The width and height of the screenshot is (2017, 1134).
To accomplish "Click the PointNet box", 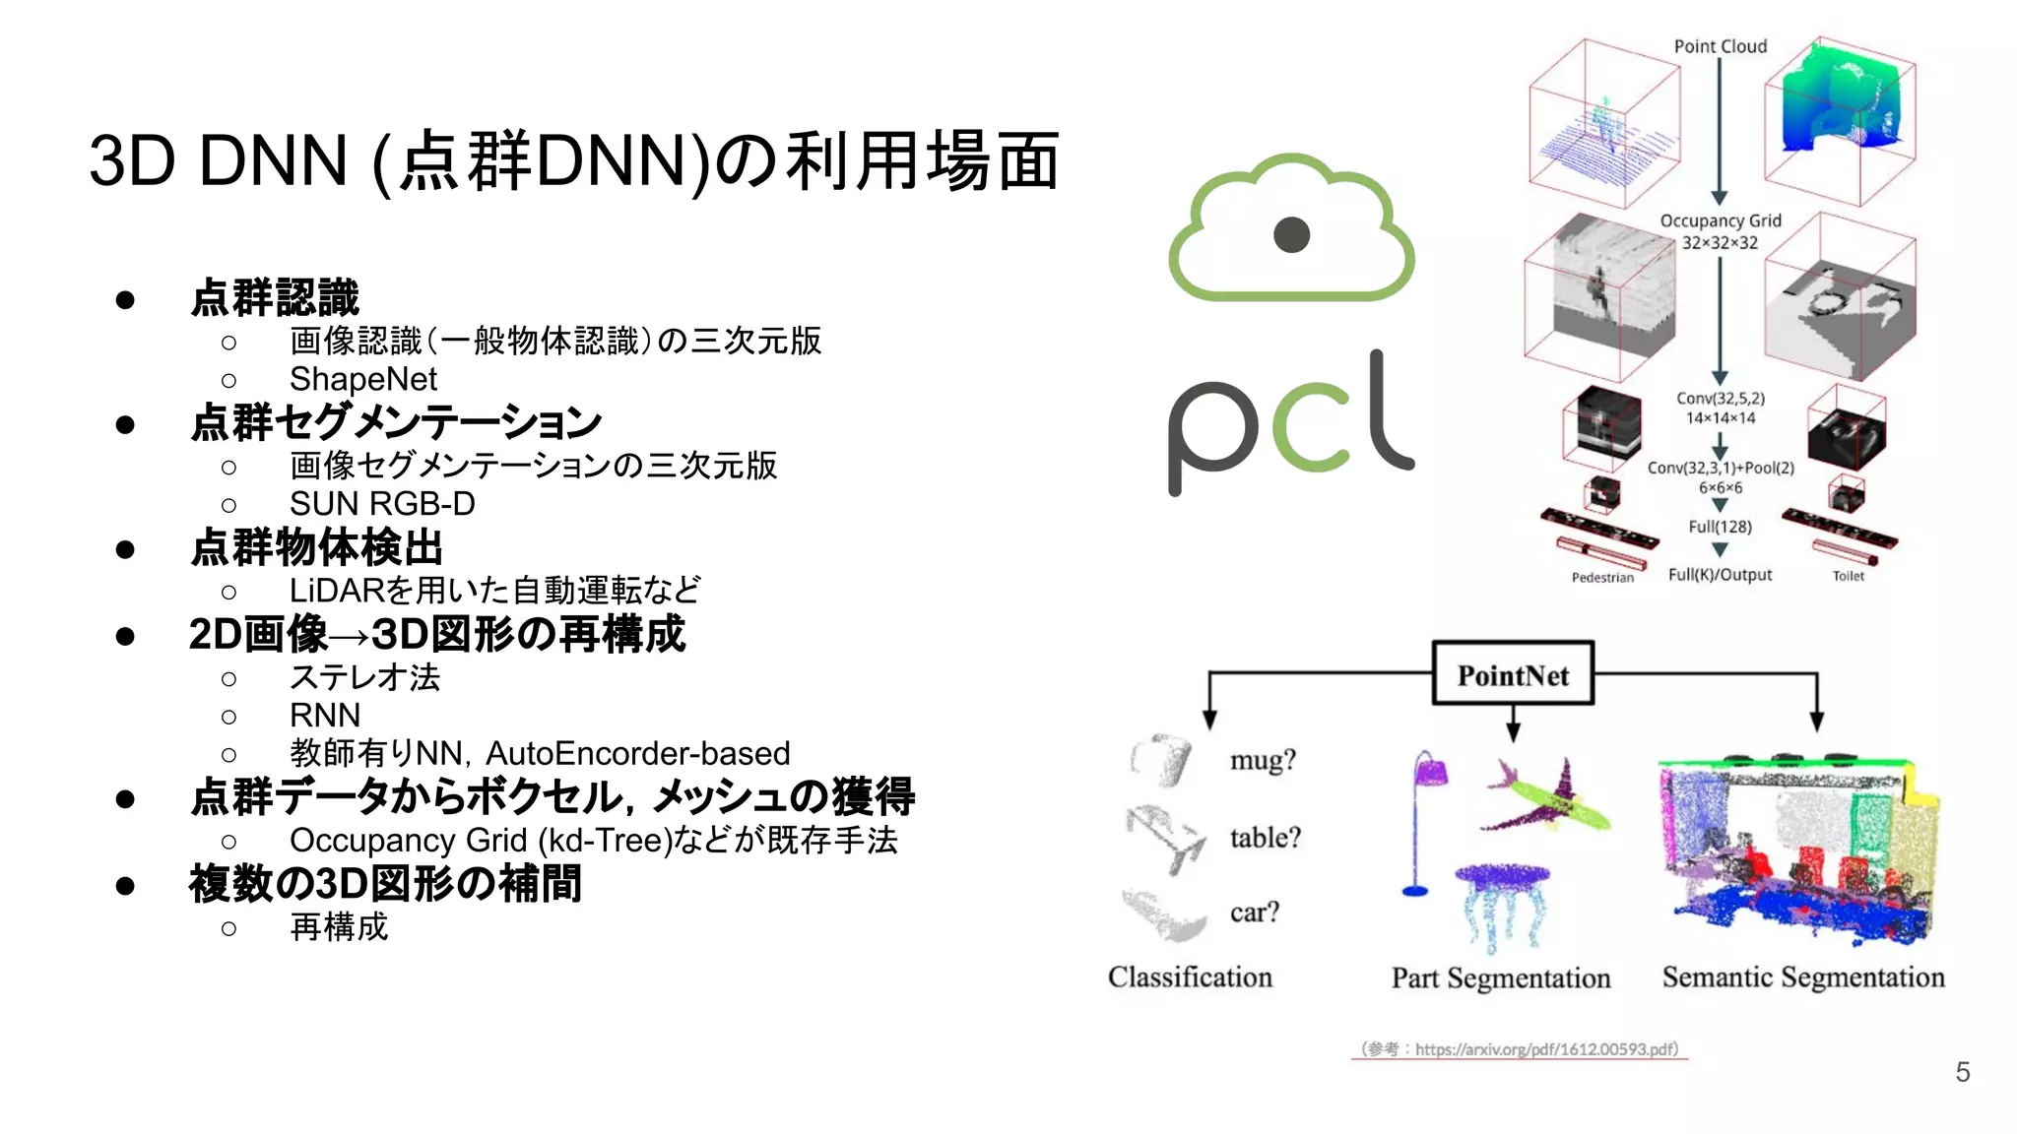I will (1513, 674).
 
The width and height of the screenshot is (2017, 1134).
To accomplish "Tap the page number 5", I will (1962, 1072).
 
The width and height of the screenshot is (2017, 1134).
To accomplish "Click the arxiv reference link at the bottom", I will (1520, 1049).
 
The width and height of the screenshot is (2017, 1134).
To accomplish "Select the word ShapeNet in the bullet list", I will (362, 379).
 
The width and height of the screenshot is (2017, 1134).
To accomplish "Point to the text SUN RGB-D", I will (382, 504).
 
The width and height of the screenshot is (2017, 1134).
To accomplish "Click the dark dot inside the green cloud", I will (1291, 234).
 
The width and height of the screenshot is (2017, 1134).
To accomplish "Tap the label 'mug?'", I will (1263, 760).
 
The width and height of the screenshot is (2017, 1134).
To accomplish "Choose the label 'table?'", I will (1266, 838).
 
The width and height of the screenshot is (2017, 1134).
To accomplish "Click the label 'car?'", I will (1255, 913).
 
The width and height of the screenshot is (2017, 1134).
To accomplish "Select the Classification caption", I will (1190, 977).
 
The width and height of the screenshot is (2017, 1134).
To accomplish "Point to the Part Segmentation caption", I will (1501, 978).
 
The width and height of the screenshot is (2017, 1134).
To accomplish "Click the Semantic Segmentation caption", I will (1803, 977).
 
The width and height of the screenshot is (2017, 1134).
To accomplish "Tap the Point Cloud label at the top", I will (1721, 46).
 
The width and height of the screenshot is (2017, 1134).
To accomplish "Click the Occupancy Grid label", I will (1721, 221).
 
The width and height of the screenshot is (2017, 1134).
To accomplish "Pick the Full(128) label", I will (1721, 527).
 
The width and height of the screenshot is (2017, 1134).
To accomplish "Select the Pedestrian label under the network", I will (1602, 578).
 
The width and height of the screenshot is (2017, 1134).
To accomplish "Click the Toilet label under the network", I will (1848, 576).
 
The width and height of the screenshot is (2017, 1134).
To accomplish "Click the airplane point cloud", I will (1547, 796).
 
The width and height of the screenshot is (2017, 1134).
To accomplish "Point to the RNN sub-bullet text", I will (325, 716).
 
